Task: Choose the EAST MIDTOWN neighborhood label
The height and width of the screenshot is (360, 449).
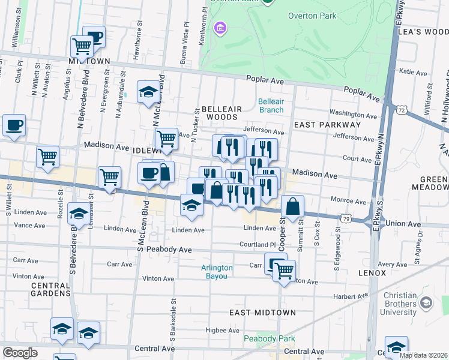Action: click(263, 313)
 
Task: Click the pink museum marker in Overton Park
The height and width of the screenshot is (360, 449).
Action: click(220, 28)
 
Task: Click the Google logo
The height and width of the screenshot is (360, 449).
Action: click(20, 353)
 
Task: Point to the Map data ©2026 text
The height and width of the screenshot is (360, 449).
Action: click(423, 355)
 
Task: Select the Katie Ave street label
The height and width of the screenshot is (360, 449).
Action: click(413, 72)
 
